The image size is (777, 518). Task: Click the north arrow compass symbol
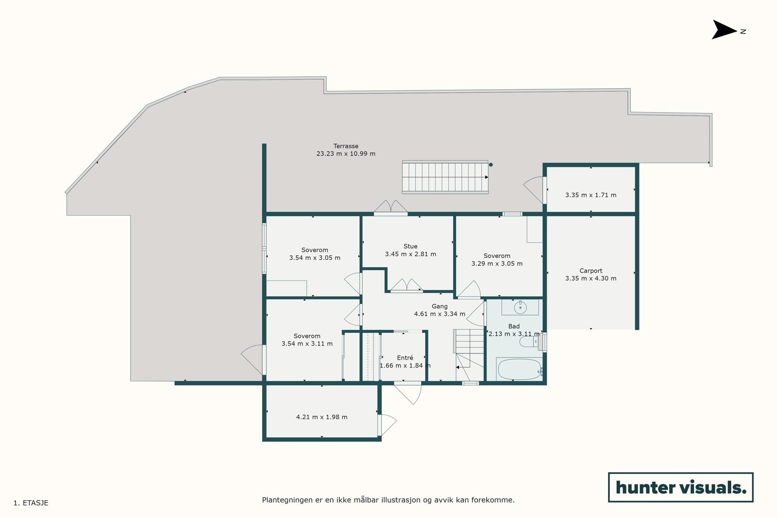click(x=724, y=30)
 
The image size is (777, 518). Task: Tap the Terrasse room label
click(x=346, y=146)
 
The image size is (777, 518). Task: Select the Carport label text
click(x=591, y=271)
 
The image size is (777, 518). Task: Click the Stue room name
click(x=410, y=246)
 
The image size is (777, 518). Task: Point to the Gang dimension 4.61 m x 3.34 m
click(x=439, y=314)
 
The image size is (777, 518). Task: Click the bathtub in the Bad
click(x=519, y=369)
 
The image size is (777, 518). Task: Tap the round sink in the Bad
click(x=520, y=307)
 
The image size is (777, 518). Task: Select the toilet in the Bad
click(x=527, y=342)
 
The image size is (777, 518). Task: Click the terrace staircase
click(x=444, y=177)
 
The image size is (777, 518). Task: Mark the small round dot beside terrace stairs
click(x=490, y=165)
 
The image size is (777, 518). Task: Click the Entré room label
click(x=405, y=358)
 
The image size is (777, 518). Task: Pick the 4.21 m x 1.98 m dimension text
click(x=321, y=417)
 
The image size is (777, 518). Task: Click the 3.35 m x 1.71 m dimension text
click(x=591, y=195)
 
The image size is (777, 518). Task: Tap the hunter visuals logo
click(x=680, y=487)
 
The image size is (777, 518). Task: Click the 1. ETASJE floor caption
click(x=31, y=503)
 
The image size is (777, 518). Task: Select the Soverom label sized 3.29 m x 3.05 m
click(x=497, y=256)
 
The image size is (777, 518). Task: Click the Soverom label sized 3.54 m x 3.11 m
click(x=307, y=336)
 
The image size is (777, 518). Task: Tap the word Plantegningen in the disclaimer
click(x=287, y=500)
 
